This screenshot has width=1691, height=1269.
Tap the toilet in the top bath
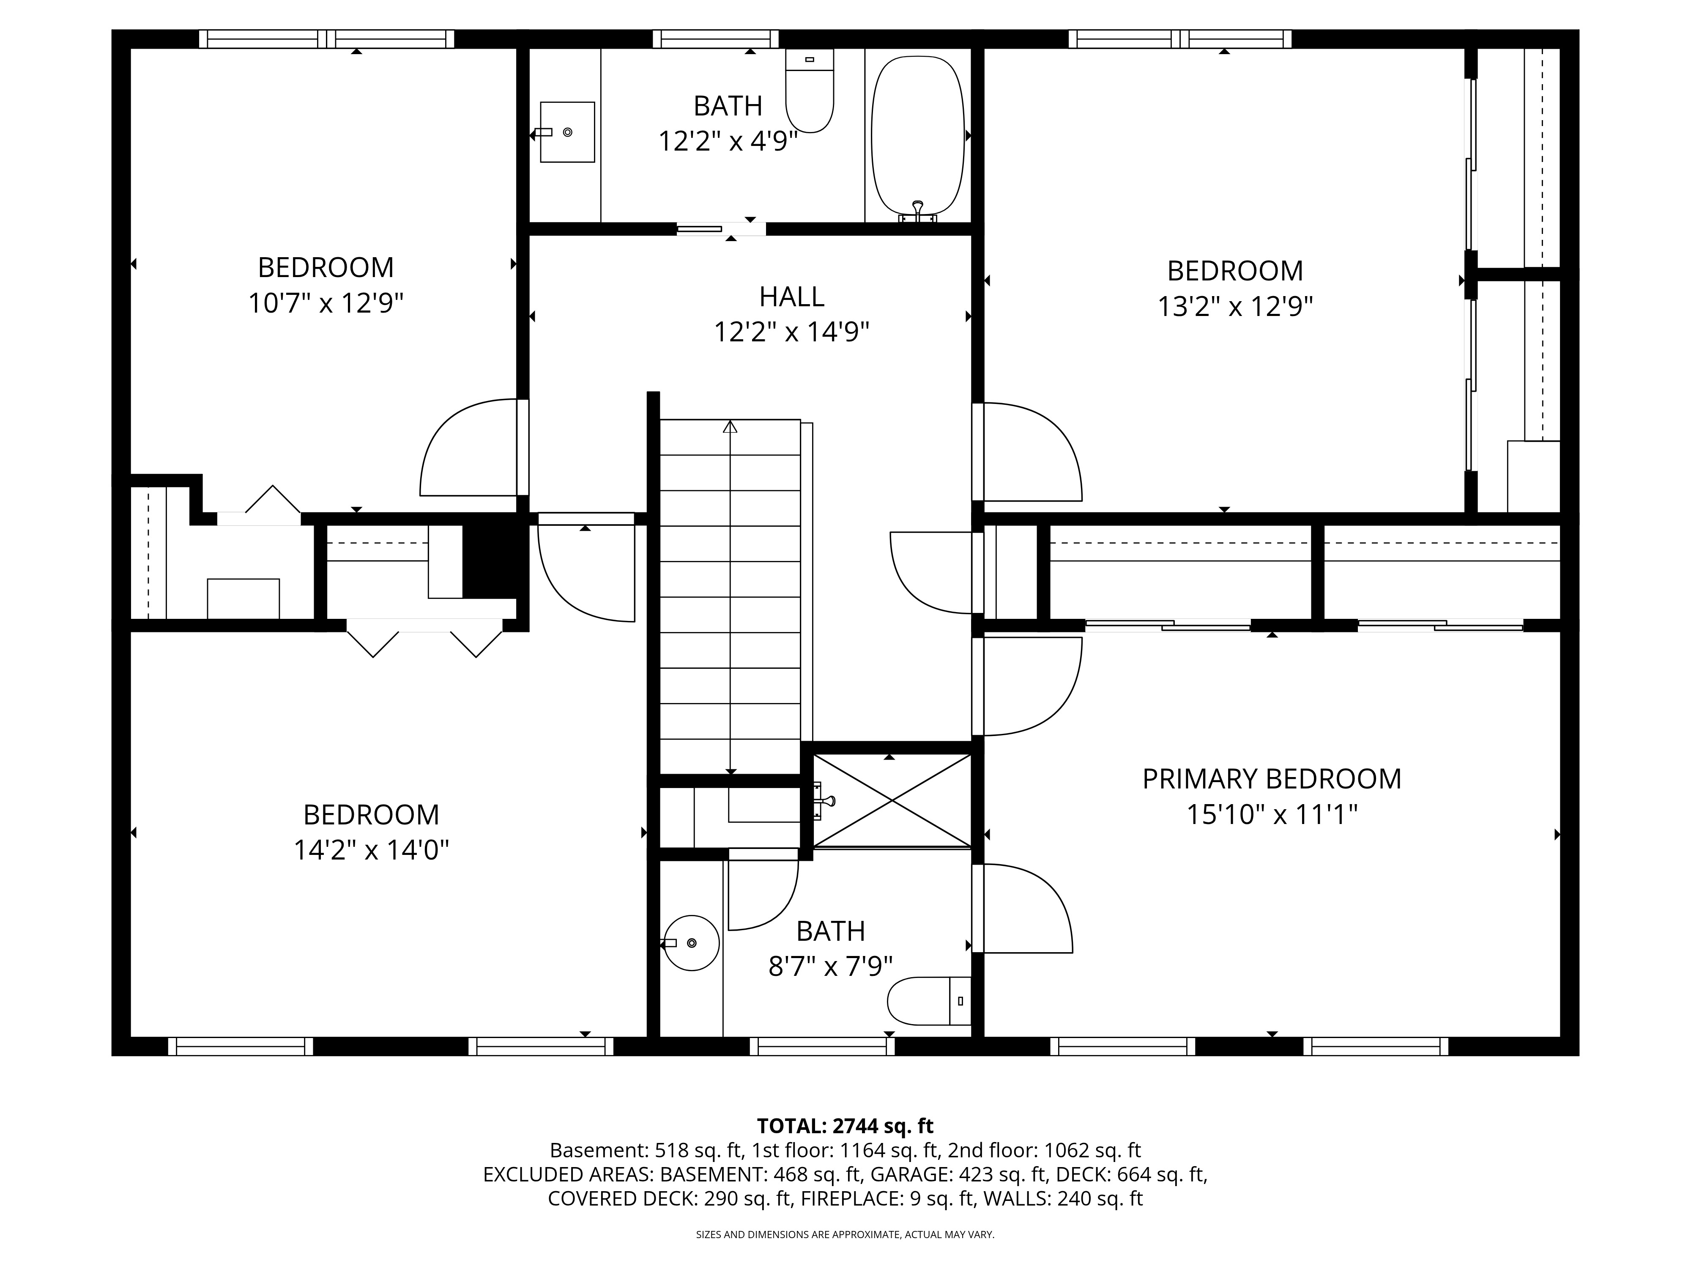click(810, 90)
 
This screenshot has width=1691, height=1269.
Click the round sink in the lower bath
click(691, 943)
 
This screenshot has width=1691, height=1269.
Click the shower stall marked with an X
click(891, 800)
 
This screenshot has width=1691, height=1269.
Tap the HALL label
click(791, 296)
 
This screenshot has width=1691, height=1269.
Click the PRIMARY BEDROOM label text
click(1271, 779)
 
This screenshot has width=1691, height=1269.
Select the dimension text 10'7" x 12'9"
click(326, 304)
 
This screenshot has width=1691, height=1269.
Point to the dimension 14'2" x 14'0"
click(372, 850)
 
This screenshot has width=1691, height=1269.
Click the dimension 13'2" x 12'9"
click(1234, 307)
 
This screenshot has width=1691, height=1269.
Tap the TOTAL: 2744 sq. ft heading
click(845, 1126)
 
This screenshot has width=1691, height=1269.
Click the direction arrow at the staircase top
click(730, 427)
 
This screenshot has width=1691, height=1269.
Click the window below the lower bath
click(822, 1047)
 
